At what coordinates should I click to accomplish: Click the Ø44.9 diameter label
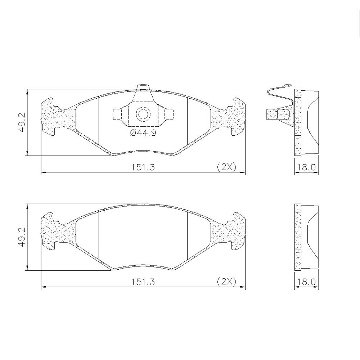(x=143, y=133)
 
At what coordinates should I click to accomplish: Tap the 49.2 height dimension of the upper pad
(x=22, y=122)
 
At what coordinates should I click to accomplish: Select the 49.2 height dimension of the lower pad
(x=22, y=237)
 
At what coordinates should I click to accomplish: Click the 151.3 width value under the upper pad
(x=143, y=167)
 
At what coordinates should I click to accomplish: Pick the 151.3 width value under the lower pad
(x=143, y=282)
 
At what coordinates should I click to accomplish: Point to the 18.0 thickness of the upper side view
(x=306, y=167)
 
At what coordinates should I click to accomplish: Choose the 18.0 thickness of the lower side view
(x=306, y=282)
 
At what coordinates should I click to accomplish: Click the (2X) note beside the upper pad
(x=226, y=167)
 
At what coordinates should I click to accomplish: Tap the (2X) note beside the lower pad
(x=226, y=282)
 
